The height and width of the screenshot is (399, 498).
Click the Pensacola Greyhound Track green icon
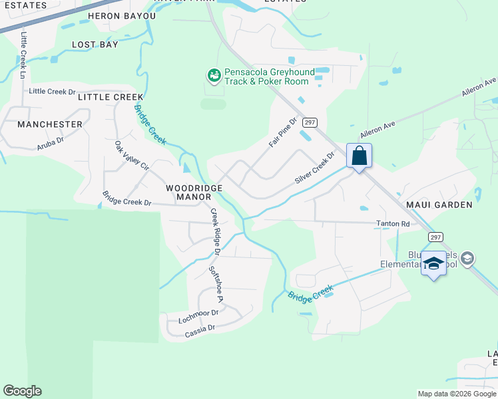(x=214, y=76)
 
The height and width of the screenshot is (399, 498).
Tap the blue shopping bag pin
(x=359, y=157)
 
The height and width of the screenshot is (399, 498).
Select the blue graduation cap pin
(x=434, y=265)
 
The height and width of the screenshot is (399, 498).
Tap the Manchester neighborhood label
(x=50, y=124)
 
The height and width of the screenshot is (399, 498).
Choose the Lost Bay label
(x=95, y=45)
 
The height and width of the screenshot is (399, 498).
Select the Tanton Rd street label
(x=393, y=224)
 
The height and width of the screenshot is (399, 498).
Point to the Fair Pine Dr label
(x=282, y=133)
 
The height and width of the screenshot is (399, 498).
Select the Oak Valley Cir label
(x=130, y=157)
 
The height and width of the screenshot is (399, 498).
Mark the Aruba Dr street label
(x=50, y=141)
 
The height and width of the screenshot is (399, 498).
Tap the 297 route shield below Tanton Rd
(x=435, y=237)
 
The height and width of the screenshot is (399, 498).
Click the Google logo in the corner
(x=22, y=391)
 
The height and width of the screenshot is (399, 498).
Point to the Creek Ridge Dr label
(x=214, y=232)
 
